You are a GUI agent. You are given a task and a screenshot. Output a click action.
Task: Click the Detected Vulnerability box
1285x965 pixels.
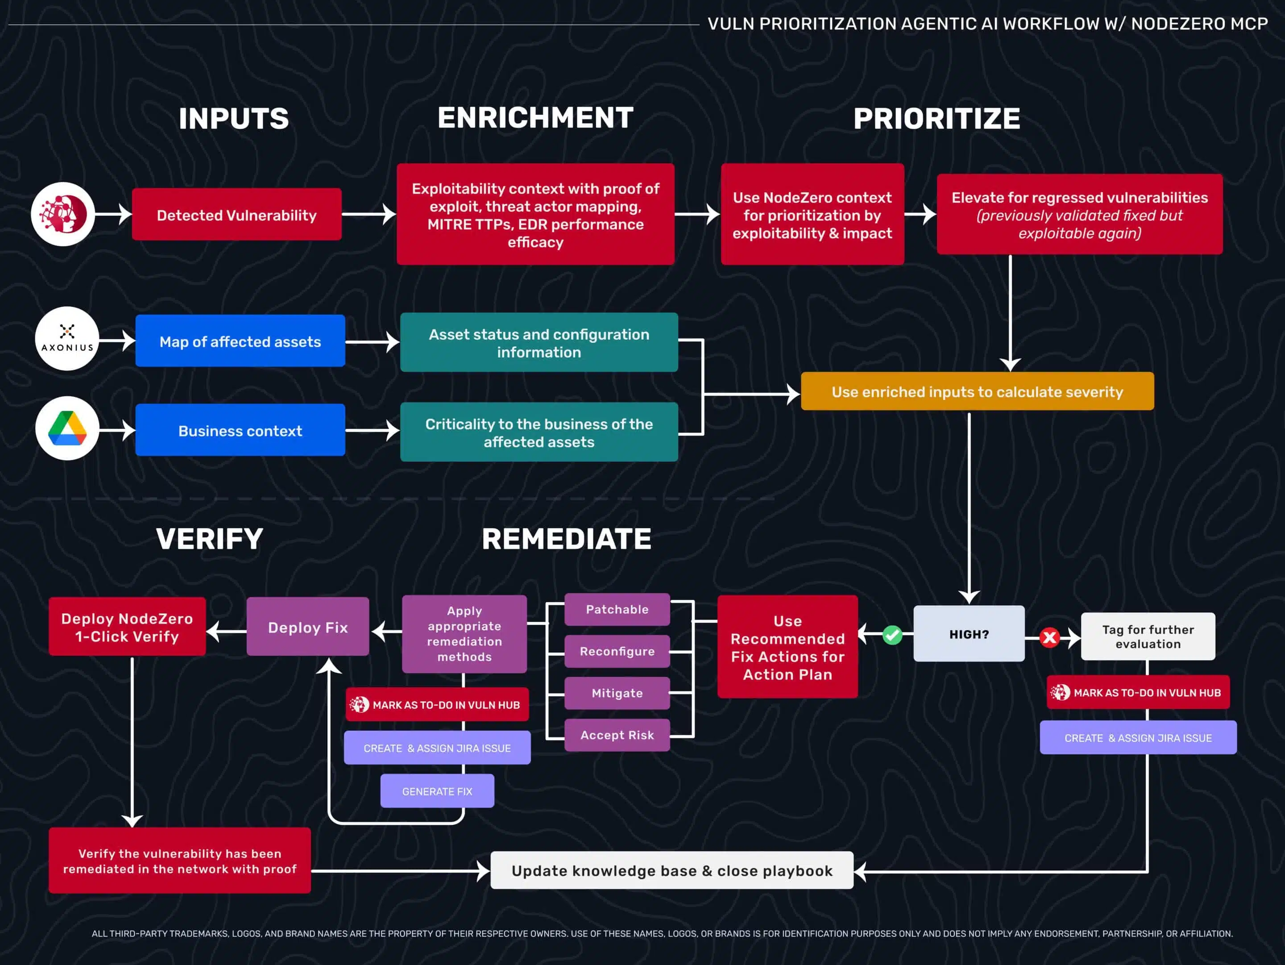coord(236,214)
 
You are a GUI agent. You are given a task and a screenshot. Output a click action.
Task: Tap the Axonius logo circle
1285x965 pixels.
coord(67,339)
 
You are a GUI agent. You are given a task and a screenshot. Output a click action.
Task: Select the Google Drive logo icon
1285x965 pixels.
coord(67,429)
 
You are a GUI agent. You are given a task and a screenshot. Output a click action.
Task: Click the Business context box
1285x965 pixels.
coord(240,431)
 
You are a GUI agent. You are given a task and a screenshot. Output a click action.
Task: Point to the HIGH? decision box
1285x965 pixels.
coord(968,634)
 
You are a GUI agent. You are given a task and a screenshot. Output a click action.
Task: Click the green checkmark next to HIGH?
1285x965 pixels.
coord(892,635)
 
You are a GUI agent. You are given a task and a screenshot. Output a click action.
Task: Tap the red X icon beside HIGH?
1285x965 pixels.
coord(1049,638)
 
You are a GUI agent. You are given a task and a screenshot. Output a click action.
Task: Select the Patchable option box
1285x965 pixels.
coord(617,609)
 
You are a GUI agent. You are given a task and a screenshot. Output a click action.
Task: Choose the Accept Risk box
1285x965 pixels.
coord(617,735)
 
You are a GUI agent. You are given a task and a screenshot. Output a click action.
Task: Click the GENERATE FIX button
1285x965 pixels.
coord(437,791)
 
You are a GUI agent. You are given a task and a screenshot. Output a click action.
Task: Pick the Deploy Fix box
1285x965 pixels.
coord(307,627)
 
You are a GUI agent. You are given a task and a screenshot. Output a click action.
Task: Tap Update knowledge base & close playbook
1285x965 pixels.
coord(672,870)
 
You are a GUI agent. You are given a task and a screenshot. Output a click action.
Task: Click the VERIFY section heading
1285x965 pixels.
coord(210,539)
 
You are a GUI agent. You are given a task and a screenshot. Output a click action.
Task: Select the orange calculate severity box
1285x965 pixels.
coord(977,391)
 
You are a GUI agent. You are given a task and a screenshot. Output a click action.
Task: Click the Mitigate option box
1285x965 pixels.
coord(617,693)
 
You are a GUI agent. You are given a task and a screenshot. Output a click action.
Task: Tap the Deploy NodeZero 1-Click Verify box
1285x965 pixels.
coord(127,627)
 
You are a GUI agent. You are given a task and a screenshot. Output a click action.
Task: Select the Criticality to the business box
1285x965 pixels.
coord(539,432)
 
